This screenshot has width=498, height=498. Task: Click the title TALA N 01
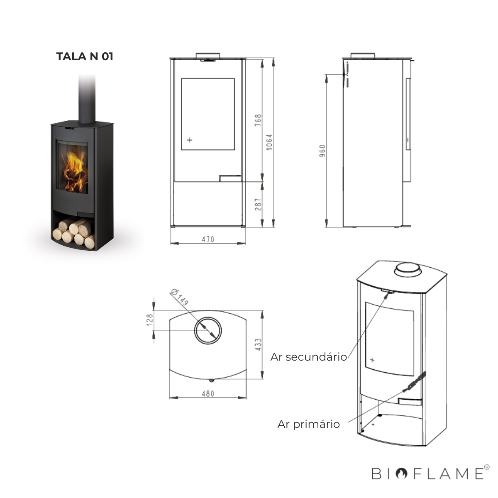(x=85, y=56)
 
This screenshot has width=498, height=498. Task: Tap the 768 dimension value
(x=258, y=120)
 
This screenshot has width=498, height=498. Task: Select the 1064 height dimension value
(x=269, y=142)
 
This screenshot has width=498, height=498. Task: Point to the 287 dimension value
(x=258, y=205)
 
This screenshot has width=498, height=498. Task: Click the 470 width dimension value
(x=208, y=239)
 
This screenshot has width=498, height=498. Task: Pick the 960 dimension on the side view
(x=322, y=151)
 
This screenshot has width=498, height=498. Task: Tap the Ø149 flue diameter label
(x=180, y=298)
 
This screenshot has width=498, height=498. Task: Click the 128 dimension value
(x=150, y=320)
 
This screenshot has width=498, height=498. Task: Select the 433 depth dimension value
(x=258, y=345)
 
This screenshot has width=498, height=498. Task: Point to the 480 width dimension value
(x=208, y=394)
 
